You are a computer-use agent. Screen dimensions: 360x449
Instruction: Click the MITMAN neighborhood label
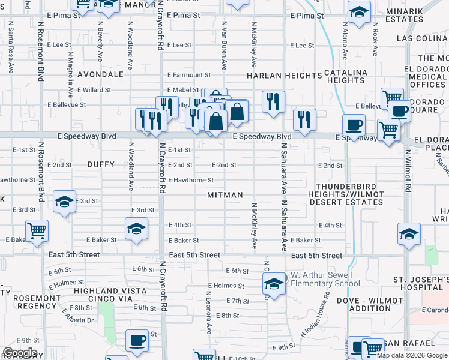pyautogui.click(x=225, y=195)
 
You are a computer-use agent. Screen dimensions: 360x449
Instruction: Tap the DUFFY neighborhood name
pyautogui.click(x=100, y=164)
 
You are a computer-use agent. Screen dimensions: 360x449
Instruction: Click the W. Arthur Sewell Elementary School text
pyautogui.click(x=325, y=279)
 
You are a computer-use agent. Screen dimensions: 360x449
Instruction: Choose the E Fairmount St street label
pyautogui.click(x=189, y=75)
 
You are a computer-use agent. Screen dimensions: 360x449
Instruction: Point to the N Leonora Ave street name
pyautogui.click(x=209, y=313)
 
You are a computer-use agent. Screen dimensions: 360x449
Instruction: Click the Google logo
pyautogui.click(x=20, y=353)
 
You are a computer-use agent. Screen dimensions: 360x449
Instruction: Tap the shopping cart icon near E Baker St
pyautogui.click(x=37, y=230)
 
